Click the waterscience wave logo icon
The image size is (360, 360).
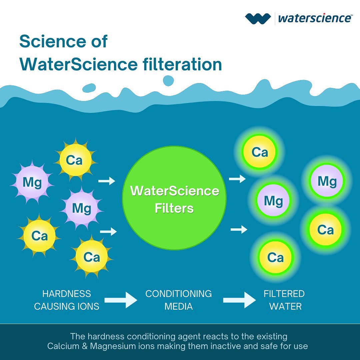258,18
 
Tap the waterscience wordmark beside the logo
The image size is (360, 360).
314,18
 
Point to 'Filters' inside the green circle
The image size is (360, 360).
174,208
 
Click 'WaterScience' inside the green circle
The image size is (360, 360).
175,191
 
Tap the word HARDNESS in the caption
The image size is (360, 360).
67,294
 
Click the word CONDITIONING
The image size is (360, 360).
178,294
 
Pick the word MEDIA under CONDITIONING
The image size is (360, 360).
178,306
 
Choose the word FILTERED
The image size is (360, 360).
284,294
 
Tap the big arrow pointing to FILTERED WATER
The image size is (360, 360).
239,300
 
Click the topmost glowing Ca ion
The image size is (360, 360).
260,152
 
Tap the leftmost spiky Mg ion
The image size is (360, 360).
32,182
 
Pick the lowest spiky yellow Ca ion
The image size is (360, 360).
92,257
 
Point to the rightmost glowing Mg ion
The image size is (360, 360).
327,181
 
